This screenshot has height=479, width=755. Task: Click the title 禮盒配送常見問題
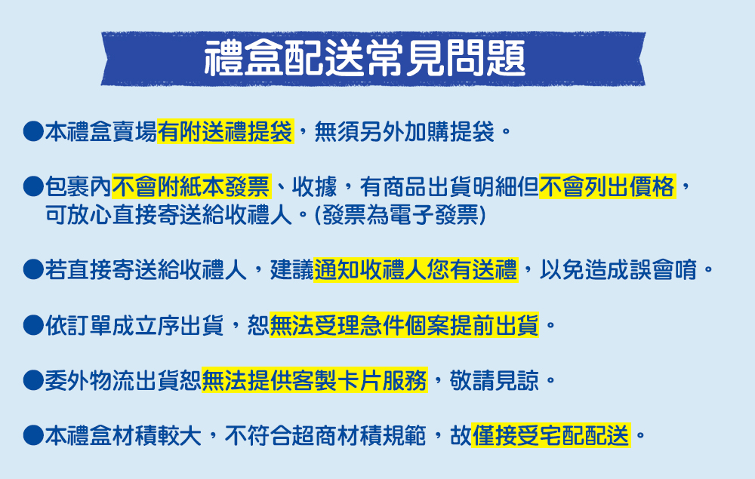365,58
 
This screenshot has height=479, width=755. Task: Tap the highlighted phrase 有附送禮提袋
225,132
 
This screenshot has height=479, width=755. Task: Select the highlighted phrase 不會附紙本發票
191,186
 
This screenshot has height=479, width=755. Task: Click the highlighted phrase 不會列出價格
607,186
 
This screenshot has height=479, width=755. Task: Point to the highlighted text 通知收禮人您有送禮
415,270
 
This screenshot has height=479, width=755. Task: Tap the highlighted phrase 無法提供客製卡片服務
314,381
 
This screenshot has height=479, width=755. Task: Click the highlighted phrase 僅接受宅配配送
551,436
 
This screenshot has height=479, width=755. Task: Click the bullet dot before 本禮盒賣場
33,131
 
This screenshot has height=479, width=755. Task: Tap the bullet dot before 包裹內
33,186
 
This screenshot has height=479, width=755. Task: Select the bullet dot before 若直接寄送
33,269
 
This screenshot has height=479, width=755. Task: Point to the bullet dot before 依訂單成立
33,325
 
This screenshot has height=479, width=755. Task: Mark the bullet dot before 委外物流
33,380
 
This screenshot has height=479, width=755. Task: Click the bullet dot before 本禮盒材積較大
33,435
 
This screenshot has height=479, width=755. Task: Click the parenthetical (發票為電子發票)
400,215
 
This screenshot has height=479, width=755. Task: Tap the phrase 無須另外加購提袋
405,132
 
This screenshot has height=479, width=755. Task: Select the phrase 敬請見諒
494,381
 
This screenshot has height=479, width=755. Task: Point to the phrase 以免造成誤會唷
618,270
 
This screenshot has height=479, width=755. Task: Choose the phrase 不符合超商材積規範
325,436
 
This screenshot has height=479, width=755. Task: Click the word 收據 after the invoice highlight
314,186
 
